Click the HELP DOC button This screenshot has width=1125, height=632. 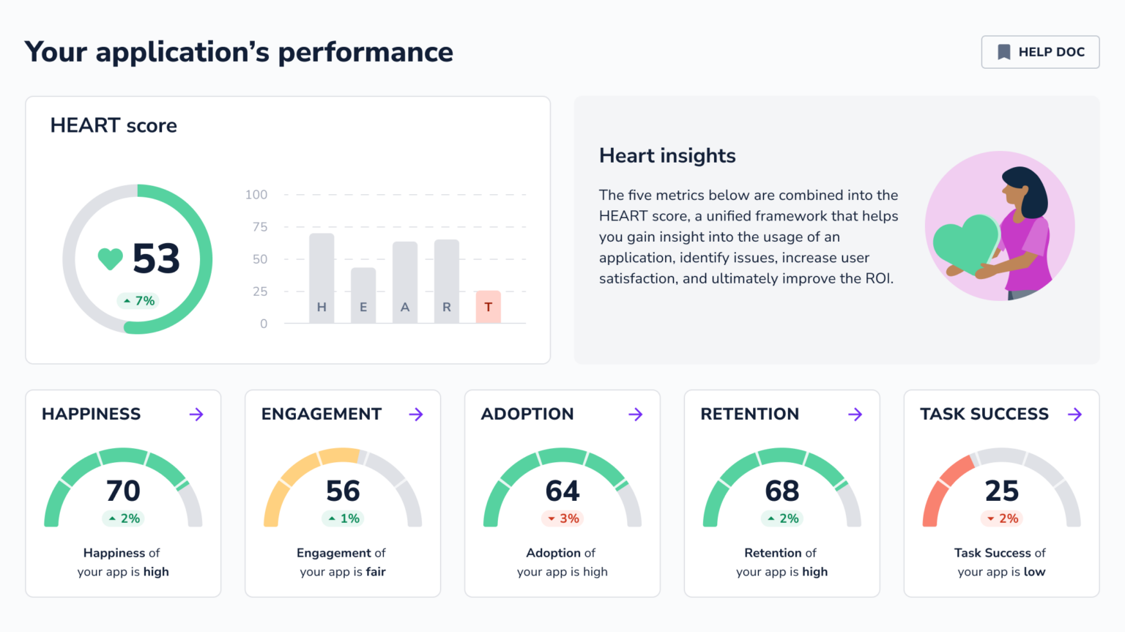pos(1040,52)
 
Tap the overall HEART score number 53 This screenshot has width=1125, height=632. pos(156,259)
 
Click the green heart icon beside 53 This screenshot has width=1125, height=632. pos(110,259)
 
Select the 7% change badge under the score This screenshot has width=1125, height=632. pos(138,301)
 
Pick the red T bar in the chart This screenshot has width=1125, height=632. pos(488,307)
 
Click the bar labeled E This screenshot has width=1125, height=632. pos(363,295)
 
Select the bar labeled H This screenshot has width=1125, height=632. pos(322,278)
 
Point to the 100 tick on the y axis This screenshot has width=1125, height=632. pos(256,195)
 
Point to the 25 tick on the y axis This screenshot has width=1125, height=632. pos(260,291)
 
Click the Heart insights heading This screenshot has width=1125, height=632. pos(667,155)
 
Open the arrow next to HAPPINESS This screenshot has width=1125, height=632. pos(196,414)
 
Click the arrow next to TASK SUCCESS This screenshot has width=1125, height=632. pos(1074,414)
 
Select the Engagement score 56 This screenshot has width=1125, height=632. pos(343,491)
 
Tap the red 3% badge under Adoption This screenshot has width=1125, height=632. pos(562,518)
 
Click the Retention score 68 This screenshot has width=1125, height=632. pos(781,491)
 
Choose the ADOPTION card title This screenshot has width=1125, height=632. pos(527,414)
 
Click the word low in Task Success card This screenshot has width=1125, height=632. pos(1034,572)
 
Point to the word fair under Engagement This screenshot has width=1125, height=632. pos(376,572)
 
